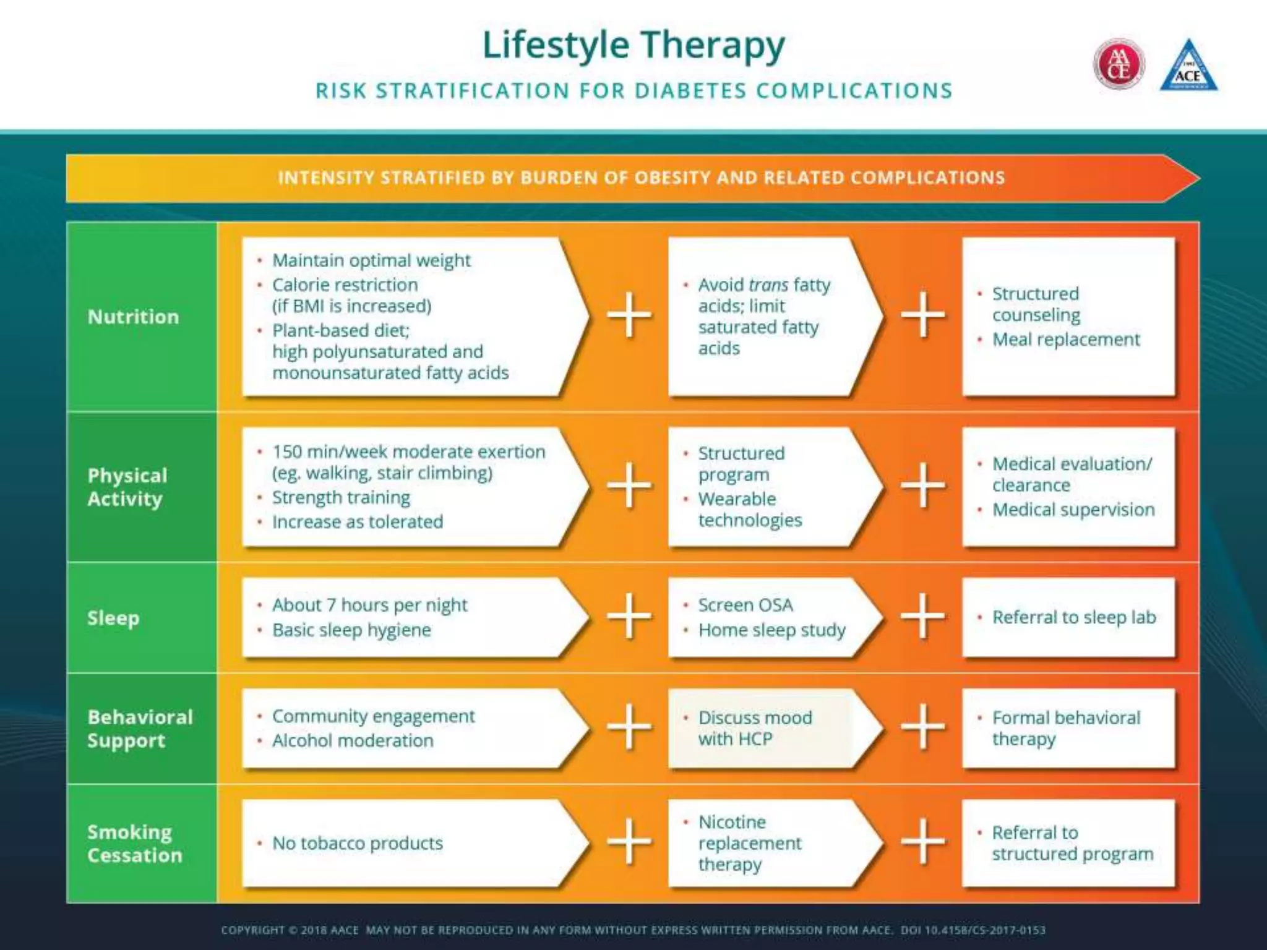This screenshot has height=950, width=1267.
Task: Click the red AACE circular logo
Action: [1119, 64]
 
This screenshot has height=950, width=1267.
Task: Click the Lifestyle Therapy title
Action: [633, 45]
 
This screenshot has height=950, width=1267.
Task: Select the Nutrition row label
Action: [133, 317]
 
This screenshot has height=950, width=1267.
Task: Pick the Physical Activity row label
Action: [127, 487]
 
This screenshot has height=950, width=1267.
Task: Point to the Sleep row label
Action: [113, 617]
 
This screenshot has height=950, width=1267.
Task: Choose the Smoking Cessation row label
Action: [134, 843]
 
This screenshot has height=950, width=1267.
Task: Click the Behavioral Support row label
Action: [139, 728]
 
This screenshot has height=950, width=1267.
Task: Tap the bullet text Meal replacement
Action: [1065, 340]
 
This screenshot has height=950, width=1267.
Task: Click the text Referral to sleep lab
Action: [1073, 617]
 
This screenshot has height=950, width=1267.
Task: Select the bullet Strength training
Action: [341, 497]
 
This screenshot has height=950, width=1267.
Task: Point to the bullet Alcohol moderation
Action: [353, 740]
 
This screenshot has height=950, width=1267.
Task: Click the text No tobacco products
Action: [357, 843]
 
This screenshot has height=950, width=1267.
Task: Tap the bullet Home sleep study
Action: [771, 630]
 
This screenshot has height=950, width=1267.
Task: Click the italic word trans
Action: [768, 285]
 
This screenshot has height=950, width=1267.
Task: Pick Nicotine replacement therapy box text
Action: [749, 843]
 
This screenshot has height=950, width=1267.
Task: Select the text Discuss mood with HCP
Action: [754, 728]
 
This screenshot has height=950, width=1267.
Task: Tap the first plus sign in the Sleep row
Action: [629, 616]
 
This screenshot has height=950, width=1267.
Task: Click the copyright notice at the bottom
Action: [633, 930]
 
